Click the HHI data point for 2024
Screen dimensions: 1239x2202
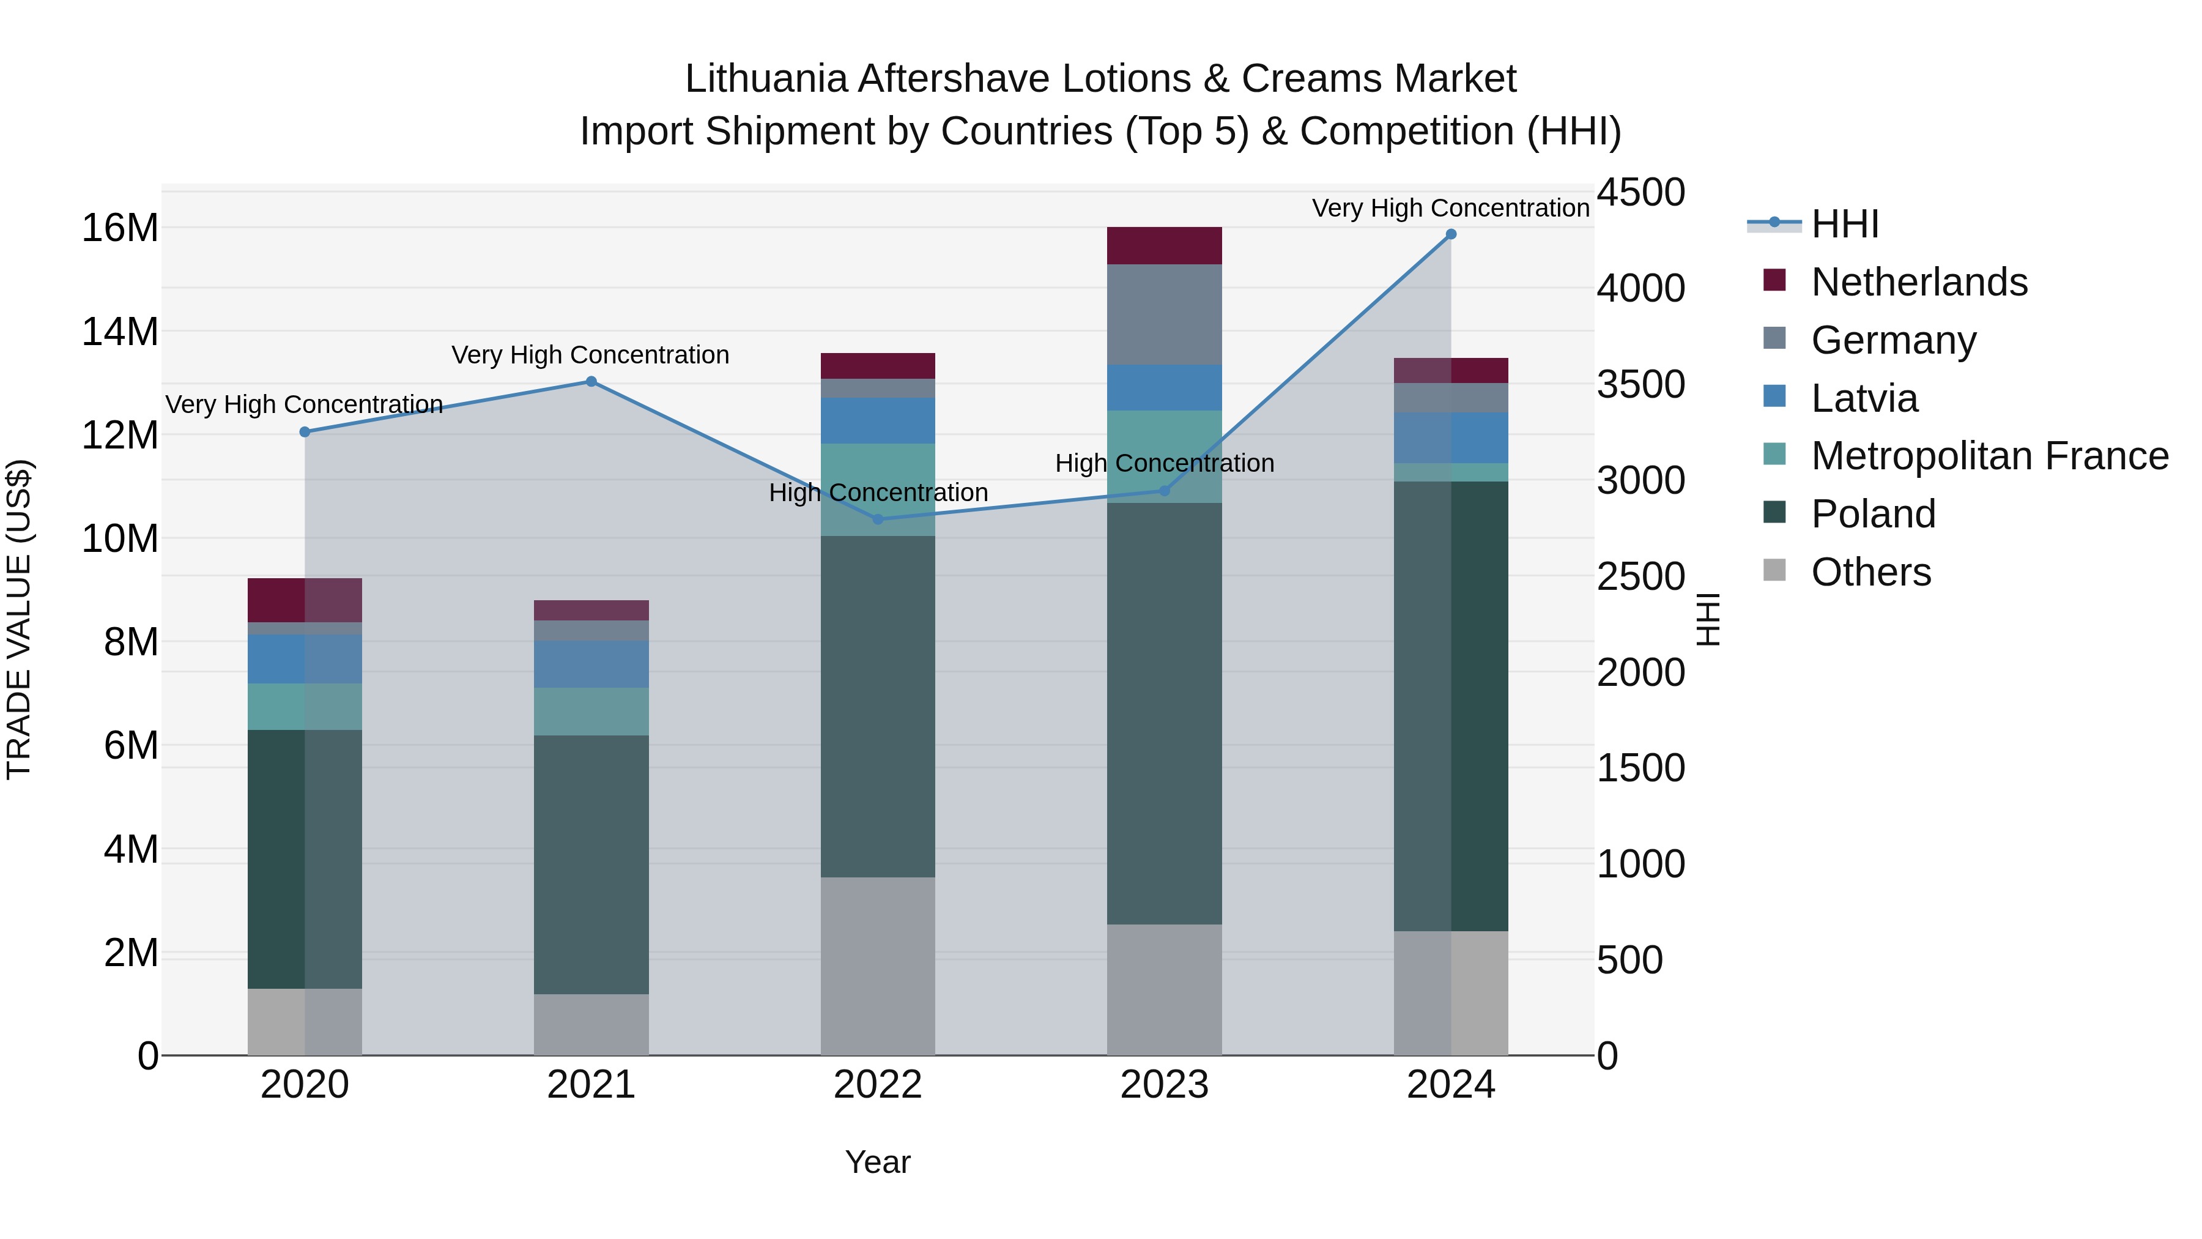(x=1451, y=234)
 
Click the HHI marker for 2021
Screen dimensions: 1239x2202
(x=591, y=381)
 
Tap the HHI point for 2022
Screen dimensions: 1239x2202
(x=878, y=519)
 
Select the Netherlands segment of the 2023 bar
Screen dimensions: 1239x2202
(x=1164, y=245)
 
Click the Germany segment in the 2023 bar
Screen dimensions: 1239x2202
(x=1164, y=314)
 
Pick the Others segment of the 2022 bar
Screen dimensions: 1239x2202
(x=878, y=966)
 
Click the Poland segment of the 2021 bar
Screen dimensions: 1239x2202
(x=591, y=863)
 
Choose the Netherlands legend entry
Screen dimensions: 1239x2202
(x=1919, y=282)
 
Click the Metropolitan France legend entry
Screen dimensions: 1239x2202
(x=1989, y=456)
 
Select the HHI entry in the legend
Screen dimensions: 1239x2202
(x=1845, y=224)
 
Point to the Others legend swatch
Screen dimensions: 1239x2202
(x=1774, y=570)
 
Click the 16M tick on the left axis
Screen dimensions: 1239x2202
(x=120, y=228)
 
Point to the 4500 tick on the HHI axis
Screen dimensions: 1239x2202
(x=1640, y=192)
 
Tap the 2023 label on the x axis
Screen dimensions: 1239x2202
(x=1164, y=1085)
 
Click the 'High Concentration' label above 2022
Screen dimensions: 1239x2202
(x=878, y=493)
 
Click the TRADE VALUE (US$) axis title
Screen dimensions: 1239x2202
(x=19, y=619)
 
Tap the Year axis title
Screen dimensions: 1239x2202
(x=878, y=1162)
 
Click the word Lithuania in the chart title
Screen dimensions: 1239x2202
(x=766, y=79)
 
